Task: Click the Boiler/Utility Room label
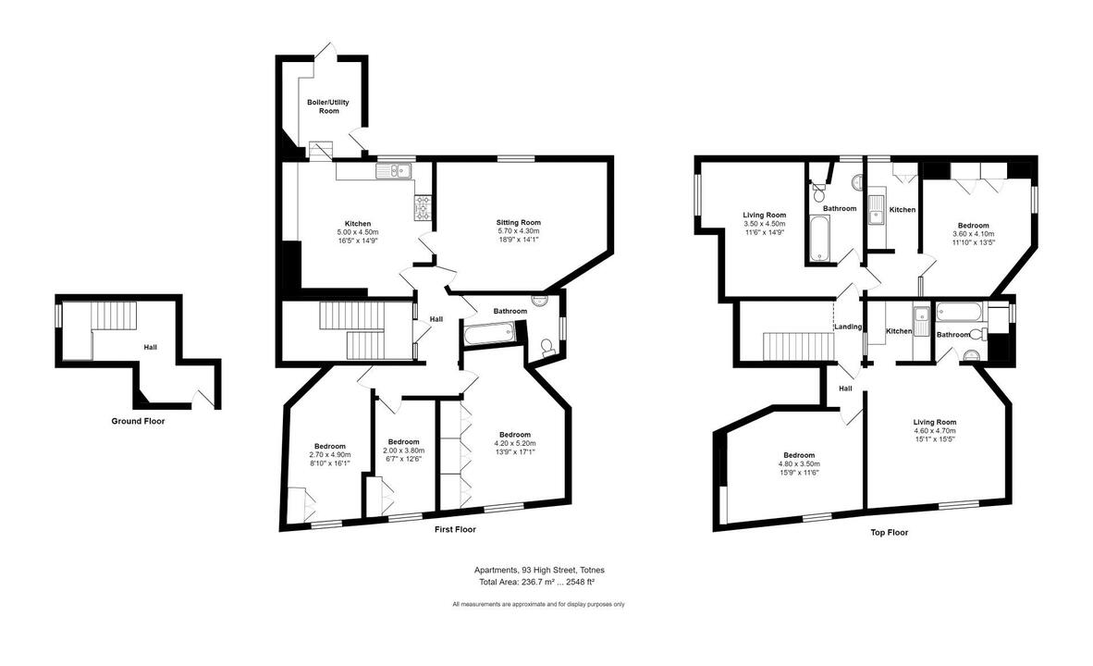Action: pos(328,106)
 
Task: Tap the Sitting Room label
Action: pos(519,223)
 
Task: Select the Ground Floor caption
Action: pos(138,421)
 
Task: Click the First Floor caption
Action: pos(455,529)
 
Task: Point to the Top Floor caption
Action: pos(890,533)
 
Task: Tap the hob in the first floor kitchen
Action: pos(424,207)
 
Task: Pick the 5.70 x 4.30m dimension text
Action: pos(519,231)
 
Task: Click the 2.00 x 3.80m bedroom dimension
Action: pos(403,450)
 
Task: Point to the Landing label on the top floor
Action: pos(848,327)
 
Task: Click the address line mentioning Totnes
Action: pos(539,570)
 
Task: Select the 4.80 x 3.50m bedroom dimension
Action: pos(799,463)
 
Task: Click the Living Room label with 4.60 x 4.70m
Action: pos(935,422)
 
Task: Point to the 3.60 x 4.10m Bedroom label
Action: pos(973,226)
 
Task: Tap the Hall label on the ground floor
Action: pos(151,347)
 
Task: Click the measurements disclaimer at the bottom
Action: pos(539,605)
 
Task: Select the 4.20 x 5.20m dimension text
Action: pos(514,443)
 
